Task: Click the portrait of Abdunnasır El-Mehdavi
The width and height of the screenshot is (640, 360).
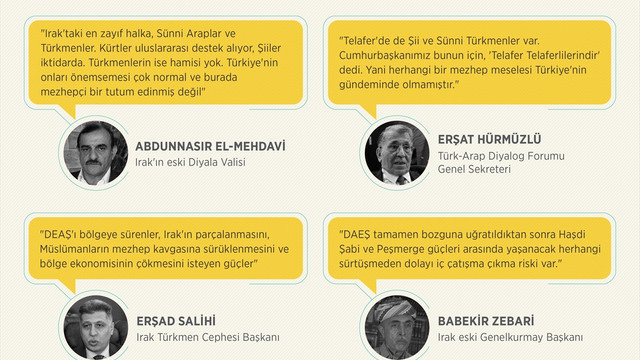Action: click(93, 153)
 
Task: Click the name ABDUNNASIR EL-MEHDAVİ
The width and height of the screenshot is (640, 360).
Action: click(210, 145)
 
